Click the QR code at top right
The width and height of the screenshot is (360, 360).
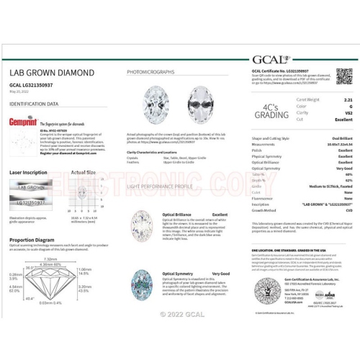[343, 76]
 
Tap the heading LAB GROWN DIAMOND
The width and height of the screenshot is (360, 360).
[51, 73]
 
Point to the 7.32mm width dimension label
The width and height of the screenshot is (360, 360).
[50, 259]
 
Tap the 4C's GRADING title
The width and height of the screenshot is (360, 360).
[269, 109]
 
